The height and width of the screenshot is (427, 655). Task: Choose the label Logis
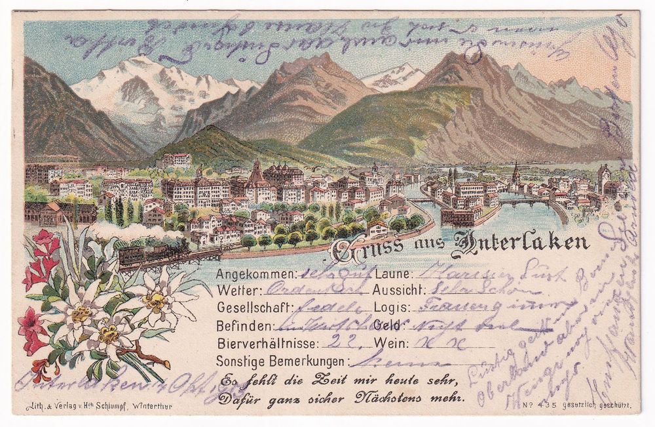(x=390, y=307)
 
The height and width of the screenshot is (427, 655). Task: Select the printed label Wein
(x=388, y=342)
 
